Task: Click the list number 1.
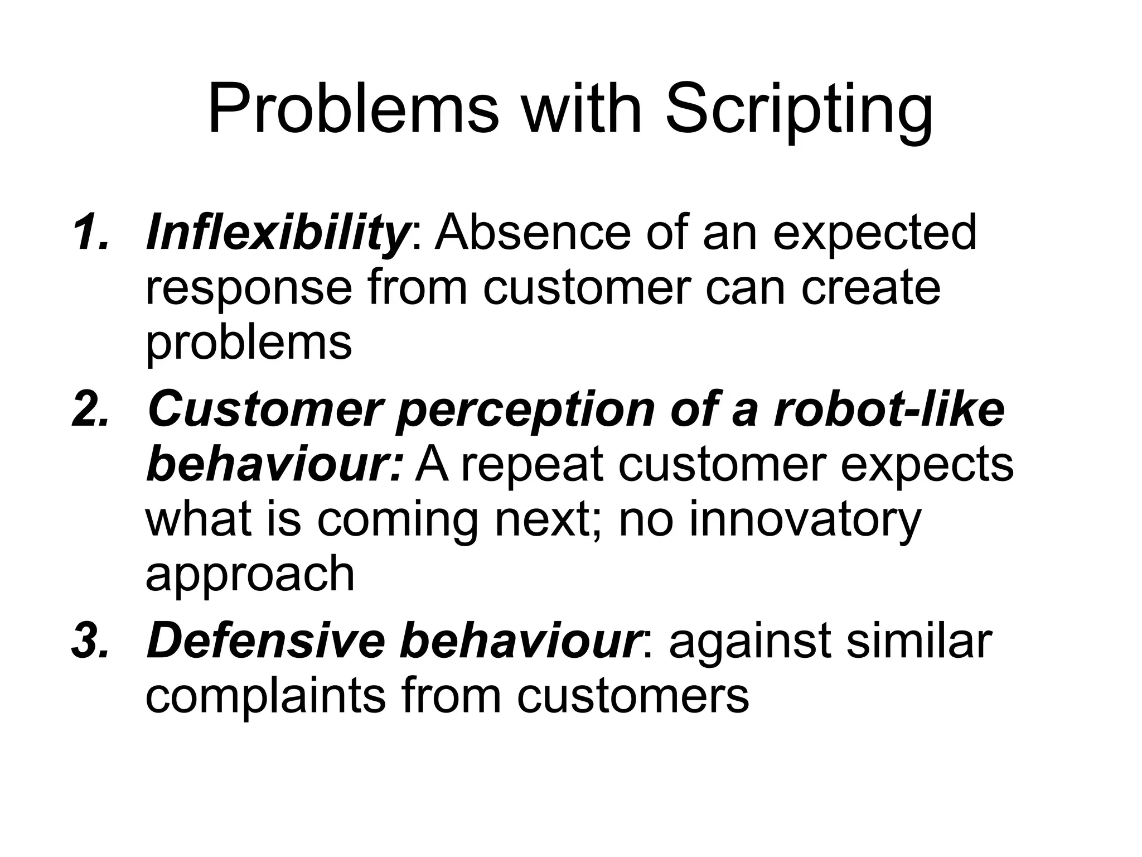[x=91, y=233]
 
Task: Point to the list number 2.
[x=91, y=411]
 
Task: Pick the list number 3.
[x=91, y=642]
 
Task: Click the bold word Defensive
[x=265, y=642]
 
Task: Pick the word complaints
[x=265, y=697]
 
